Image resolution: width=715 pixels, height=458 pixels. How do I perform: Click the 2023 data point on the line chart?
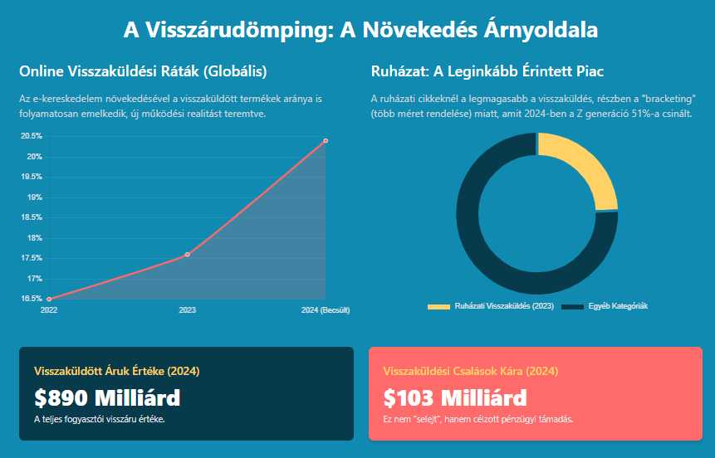(188, 254)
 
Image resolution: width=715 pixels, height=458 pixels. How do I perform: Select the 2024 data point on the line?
(326, 140)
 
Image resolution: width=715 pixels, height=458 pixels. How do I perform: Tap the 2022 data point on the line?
(49, 299)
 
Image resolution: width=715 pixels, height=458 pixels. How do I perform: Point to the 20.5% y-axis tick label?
(32, 136)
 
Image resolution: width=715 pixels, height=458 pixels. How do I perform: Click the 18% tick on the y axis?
(34, 238)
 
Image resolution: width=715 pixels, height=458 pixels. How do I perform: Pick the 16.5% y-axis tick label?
(32, 298)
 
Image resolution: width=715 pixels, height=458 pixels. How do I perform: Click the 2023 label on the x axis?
(188, 310)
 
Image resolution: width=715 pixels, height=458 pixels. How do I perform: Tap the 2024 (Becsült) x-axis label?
(325, 310)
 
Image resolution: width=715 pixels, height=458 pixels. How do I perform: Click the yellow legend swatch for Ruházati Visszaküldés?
(438, 307)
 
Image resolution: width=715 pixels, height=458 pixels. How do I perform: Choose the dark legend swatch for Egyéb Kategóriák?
(573, 307)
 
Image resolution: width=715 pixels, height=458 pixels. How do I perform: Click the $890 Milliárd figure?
(107, 397)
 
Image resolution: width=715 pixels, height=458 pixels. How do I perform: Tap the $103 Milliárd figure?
(455, 397)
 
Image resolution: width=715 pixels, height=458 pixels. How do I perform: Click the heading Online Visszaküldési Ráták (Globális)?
(143, 71)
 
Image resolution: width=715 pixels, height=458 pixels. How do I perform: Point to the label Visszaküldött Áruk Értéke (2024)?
(116, 371)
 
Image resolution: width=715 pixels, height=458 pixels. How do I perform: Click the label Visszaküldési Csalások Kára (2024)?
(470, 371)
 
